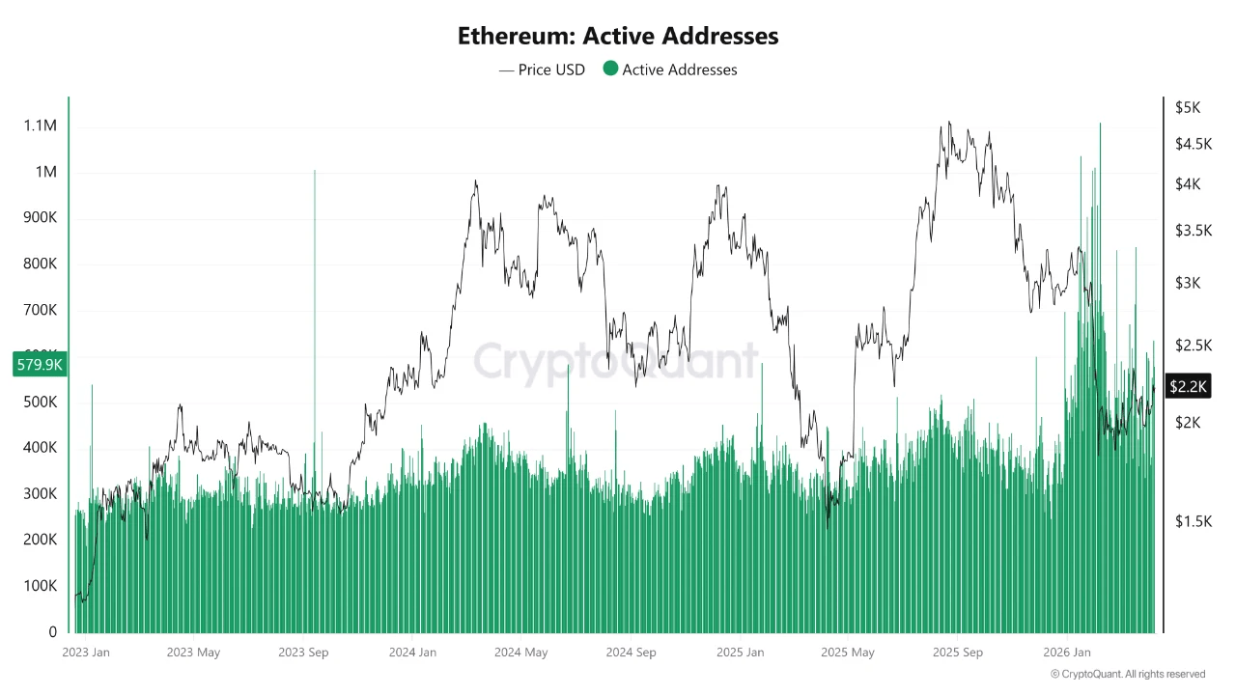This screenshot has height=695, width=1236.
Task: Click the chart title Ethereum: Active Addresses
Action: pyautogui.click(x=618, y=37)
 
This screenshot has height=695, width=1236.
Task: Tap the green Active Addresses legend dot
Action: pyautogui.click(x=610, y=69)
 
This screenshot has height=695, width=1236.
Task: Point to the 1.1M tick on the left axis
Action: pyautogui.click(x=40, y=125)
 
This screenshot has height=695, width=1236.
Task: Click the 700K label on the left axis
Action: pyautogui.click(x=40, y=310)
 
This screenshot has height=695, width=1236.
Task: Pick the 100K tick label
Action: pyautogui.click(x=40, y=586)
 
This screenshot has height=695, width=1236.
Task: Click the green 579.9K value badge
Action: pyautogui.click(x=39, y=365)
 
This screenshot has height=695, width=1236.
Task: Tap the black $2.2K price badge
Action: pyautogui.click(x=1188, y=386)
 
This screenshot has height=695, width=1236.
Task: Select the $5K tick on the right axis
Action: pyautogui.click(x=1188, y=108)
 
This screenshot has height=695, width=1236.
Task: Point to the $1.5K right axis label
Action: pyautogui.click(x=1193, y=521)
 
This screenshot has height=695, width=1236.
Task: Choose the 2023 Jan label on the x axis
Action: pyautogui.click(x=86, y=653)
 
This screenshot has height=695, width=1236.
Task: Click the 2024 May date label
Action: pyautogui.click(x=520, y=653)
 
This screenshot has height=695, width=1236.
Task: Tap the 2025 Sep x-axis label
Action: pyautogui.click(x=957, y=653)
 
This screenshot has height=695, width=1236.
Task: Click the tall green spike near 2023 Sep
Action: pyautogui.click(x=314, y=290)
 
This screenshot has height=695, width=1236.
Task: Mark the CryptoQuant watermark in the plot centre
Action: pyautogui.click(x=616, y=361)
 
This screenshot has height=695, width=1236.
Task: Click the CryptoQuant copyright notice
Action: pyautogui.click(x=1128, y=674)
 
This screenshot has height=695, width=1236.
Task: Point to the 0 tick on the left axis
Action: pyautogui.click(x=52, y=632)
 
